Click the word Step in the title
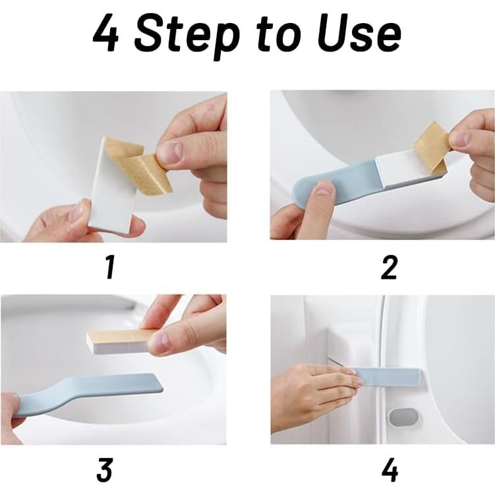187,36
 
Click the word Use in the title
359,34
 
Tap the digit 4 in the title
105,34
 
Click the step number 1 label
109,268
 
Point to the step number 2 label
389,268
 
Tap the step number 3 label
105,470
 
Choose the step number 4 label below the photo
390,470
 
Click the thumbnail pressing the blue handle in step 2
325,190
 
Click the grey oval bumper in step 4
404,417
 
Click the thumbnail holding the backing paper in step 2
461,139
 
